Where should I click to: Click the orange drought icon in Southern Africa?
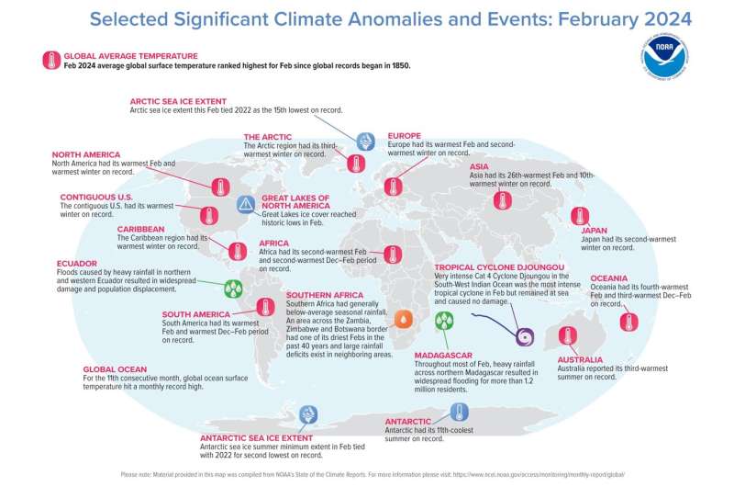click(x=403, y=319)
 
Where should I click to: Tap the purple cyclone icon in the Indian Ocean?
click(x=526, y=336)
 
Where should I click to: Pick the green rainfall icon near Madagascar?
click(x=444, y=320)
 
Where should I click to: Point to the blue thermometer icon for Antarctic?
click(x=460, y=411)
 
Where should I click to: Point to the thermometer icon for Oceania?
click(x=629, y=322)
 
